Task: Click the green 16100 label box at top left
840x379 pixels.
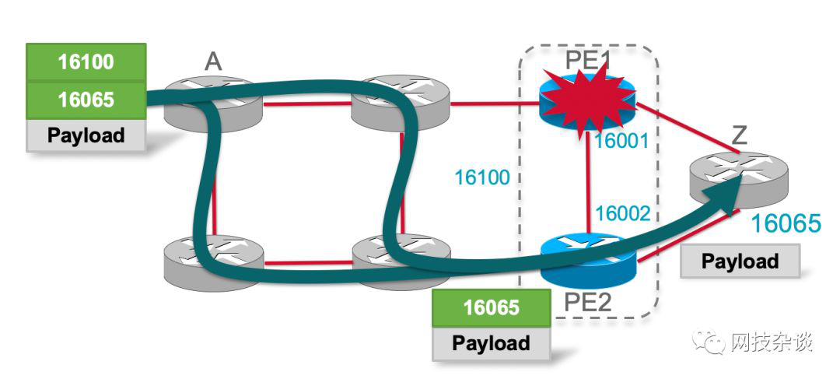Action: tap(86, 62)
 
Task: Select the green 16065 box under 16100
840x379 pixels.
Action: tap(86, 100)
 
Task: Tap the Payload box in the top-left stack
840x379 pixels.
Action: tap(86, 135)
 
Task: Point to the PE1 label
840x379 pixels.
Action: tap(589, 58)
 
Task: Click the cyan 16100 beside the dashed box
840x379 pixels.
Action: tap(482, 178)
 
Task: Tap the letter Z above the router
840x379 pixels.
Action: tap(739, 137)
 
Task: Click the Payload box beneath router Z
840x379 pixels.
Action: tap(740, 261)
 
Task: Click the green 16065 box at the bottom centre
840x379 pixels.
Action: tap(491, 307)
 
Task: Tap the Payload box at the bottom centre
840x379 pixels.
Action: tap(491, 343)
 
